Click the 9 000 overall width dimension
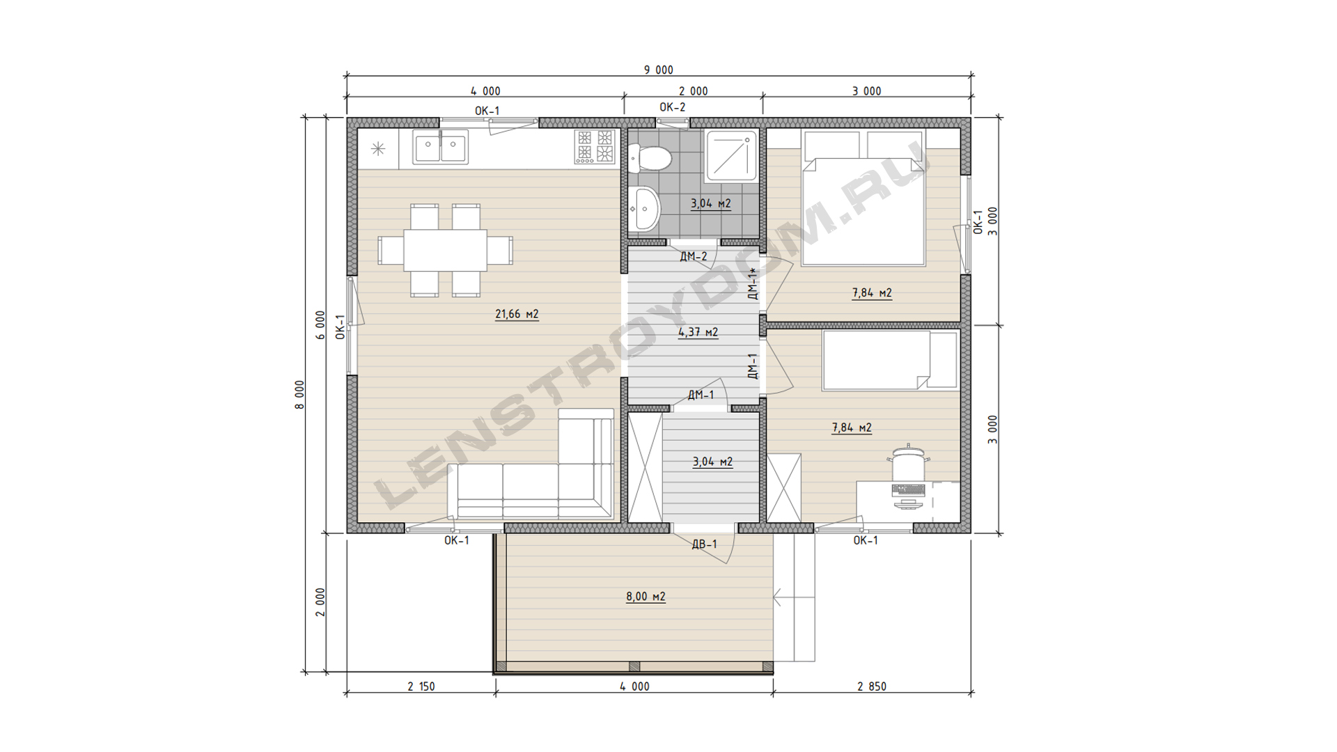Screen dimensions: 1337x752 click(x=658, y=70)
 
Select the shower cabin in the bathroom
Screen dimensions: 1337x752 click(x=730, y=155)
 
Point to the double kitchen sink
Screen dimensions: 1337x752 click(x=440, y=146)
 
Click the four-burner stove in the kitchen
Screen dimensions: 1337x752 click(x=595, y=146)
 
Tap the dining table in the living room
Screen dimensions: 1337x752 click(x=446, y=250)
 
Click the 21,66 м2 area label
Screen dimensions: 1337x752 click(x=517, y=314)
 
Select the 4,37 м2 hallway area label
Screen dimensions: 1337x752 click(x=698, y=332)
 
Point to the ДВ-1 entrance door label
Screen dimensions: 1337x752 click(x=704, y=544)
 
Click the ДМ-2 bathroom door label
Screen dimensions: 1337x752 click(x=694, y=256)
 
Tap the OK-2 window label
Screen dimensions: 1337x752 click(x=673, y=107)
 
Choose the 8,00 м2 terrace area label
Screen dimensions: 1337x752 click(x=646, y=597)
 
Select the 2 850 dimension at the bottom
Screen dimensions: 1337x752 click(x=872, y=687)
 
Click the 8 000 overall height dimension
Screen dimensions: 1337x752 click(x=300, y=394)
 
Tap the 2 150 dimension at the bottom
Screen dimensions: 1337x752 click(x=421, y=687)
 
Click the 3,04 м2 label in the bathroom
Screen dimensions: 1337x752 click(x=710, y=204)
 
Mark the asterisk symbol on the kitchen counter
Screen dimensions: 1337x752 click(x=378, y=148)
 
